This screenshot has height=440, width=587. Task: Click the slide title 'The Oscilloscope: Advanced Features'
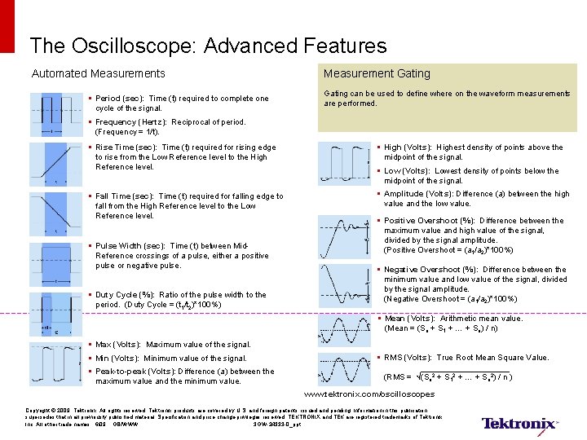coord(208,46)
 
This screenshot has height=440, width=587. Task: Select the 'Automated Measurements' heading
coord(98,74)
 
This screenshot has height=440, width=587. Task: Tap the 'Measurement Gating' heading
coord(377,74)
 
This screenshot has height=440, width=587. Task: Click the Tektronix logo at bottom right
coord(519,423)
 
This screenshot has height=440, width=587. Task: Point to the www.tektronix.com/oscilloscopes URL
coord(369,394)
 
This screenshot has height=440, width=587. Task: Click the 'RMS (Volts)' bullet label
coord(410,358)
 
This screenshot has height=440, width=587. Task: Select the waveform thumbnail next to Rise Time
coord(55,165)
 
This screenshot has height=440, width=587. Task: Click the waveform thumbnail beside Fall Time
coord(55,214)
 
